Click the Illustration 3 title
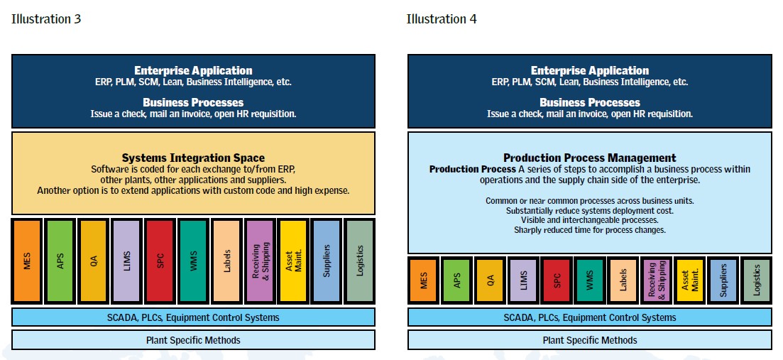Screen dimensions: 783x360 click(x=46, y=19)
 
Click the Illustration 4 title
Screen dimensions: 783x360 click(x=442, y=19)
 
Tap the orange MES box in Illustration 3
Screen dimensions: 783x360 click(x=27, y=261)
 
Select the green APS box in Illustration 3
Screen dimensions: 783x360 click(x=60, y=261)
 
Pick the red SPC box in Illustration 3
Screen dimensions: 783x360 click(x=160, y=261)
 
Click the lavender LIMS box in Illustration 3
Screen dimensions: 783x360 click(x=127, y=261)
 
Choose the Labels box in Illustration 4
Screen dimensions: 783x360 click(x=623, y=280)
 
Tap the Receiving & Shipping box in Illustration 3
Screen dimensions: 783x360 click(x=260, y=261)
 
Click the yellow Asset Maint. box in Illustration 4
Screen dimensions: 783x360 click(x=689, y=280)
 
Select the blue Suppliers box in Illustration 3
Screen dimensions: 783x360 click(x=327, y=261)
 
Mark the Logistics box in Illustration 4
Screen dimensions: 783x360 click(x=756, y=280)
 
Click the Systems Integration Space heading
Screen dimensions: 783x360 click(x=193, y=158)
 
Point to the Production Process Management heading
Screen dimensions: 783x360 click(x=590, y=158)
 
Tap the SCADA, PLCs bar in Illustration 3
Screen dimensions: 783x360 click(x=193, y=317)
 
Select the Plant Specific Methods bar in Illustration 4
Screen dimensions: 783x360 click(x=590, y=341)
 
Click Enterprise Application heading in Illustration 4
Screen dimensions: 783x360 click(x=590, y=70)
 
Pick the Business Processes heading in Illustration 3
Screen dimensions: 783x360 click(x=193, y=102)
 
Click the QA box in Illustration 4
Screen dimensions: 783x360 click(x=490, y=280)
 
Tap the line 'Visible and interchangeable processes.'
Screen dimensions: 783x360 click(x=590, y=219)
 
